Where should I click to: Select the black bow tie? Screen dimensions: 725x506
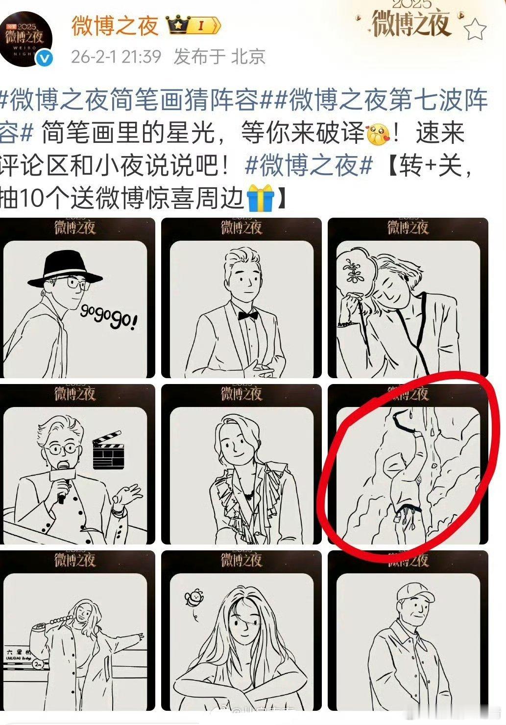coord(248,315)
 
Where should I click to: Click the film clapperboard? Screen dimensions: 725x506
coord(107,451)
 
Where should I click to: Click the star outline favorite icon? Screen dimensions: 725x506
coord(474,30)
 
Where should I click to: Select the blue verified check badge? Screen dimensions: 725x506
coord(46,59)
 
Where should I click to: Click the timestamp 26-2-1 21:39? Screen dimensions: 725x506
coord(116,56)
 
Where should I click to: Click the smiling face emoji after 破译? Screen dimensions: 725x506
coord(378,133)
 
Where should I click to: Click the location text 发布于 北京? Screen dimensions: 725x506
coord(219,56)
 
